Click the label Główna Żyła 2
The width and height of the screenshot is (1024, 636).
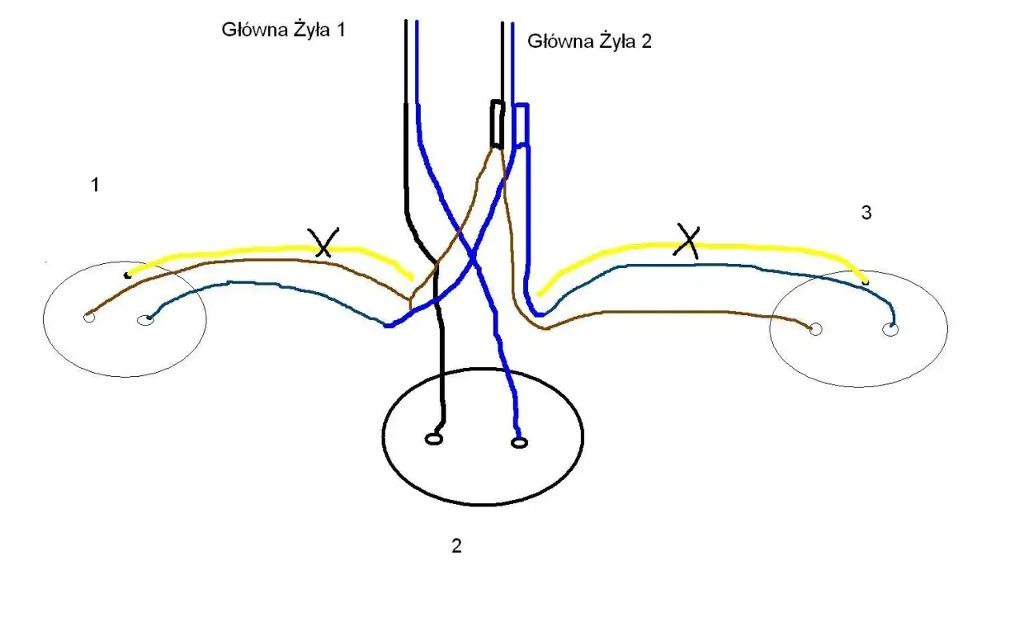[x=590, y=42]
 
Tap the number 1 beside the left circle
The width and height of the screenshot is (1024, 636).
[x=95, y=186]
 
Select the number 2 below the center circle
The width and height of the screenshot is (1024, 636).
[x=456, y=546]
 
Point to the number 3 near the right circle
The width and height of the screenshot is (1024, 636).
[x=866, y=214]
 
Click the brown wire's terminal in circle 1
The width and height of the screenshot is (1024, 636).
[x=88, y=318]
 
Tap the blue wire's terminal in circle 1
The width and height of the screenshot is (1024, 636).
[x=145, y=321]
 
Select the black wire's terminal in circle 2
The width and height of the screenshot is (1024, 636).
[x=434, y=438]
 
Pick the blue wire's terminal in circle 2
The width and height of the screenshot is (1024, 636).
[x=520, y=442]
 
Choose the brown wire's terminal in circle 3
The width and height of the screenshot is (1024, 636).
[x=815, y=329]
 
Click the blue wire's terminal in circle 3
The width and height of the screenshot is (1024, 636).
[x=890, y=329]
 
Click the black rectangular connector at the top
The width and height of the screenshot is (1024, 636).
[x=497, y=125]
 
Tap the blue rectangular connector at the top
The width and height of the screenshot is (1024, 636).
[x=521, y=124]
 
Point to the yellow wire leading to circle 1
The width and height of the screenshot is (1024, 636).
[x=240, y=250]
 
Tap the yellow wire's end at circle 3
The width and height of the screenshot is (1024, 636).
[x=866, y=281]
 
